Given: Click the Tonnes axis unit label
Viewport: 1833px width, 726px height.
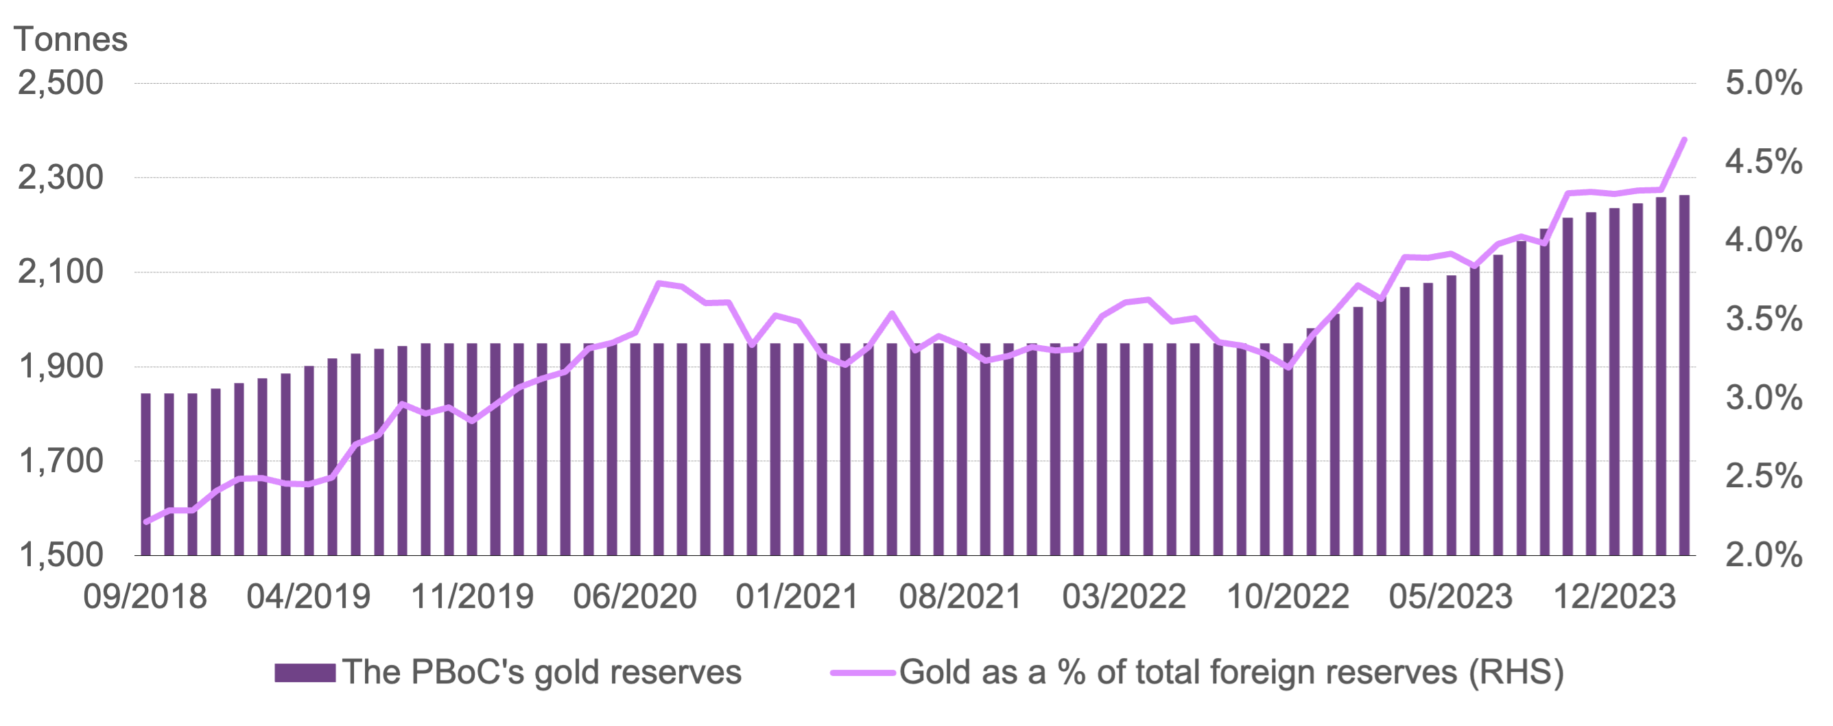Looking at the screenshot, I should [71, 39].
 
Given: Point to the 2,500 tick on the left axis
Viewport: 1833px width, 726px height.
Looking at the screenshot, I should [61, 83].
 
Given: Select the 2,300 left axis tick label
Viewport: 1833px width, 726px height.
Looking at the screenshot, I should [61, 177].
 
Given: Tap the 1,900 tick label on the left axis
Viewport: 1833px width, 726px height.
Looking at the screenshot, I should [61, 366].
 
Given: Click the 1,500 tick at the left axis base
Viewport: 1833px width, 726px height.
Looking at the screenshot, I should [61, 555].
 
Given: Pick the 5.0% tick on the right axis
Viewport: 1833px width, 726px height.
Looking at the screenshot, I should [1763, 83].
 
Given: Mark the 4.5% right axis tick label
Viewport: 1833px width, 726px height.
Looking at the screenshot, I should [1763, 162].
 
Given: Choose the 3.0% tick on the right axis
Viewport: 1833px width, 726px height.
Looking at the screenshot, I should [1763, 398].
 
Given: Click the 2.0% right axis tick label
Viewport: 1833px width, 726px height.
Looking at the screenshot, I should [1763, 555].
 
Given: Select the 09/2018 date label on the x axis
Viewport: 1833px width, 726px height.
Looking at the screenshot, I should [145, 596].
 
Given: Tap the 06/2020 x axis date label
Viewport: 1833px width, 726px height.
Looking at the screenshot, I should [635, 596].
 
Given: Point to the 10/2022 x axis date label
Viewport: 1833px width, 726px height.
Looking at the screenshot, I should [1288, 596].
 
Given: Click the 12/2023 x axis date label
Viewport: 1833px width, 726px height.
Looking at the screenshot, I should [1614, 596].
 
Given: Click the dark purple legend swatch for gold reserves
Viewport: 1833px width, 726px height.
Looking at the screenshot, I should [305, 672].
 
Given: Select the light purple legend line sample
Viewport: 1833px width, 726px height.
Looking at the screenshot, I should [862, 672].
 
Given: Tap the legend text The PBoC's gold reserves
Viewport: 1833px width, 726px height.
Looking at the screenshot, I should [541, 672].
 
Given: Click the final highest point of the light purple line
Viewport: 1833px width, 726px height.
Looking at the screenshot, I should [1684, 139].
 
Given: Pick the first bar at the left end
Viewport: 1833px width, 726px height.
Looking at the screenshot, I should [146, 473].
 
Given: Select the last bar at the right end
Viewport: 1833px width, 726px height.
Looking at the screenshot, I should [1684, 375].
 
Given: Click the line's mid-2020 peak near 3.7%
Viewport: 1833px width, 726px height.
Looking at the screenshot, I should [659, 283].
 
